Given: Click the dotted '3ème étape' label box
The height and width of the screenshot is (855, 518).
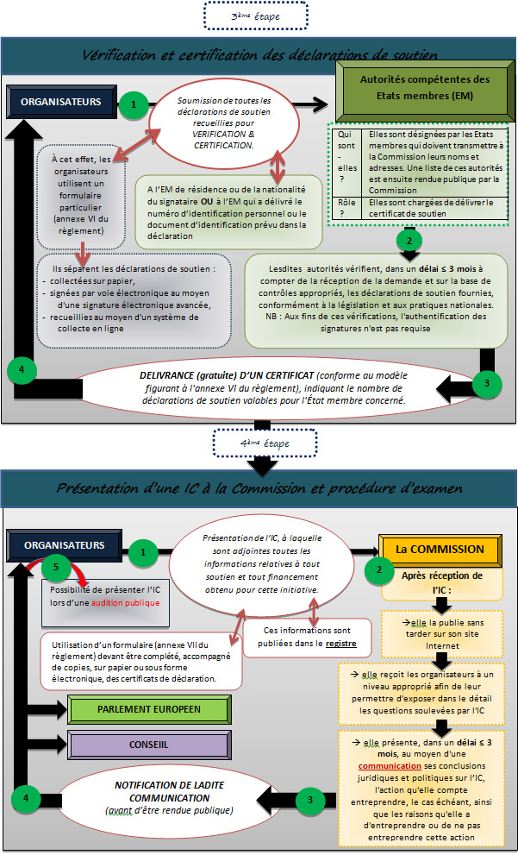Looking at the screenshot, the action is pyautogui.click(x=255, y=16).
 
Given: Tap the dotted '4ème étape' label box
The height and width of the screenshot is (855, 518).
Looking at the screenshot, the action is pyautogui.click(x=265, y=443).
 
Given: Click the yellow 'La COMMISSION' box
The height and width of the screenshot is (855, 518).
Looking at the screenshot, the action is pyautogui.click(x=440, y=549).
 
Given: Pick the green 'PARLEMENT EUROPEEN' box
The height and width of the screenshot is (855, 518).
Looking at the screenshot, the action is pyautogui.click(x=149, y=709).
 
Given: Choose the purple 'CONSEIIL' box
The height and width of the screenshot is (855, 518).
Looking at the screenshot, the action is pyautogui.click(x=149, y=745).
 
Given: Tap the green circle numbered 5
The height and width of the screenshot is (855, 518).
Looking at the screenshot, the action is pyautogui.click(x=55, y=567).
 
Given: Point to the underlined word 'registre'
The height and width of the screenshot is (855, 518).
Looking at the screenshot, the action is pyautogui.click(x=341, y=644).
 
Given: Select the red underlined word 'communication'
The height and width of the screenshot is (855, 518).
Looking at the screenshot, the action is pyautogui.click(x=383, y=766).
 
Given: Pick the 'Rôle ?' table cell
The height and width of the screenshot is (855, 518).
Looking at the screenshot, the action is pyautogui.click(x=347, y=208).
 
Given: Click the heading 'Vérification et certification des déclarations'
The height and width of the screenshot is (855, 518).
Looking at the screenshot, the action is pyautogui.click(x=259, y=55).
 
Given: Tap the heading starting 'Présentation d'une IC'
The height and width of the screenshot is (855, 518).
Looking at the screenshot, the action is pyautogui.click(x=259, y=488).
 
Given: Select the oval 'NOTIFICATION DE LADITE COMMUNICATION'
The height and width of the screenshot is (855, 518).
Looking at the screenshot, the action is pyautogui.click(x=170, y=798).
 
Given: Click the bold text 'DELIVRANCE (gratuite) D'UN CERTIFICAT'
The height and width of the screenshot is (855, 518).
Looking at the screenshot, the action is pyautogui.click(x=227, y=375).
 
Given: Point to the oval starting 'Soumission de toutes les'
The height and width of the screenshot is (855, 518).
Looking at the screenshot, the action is pyautogui.click(x=224, y=123).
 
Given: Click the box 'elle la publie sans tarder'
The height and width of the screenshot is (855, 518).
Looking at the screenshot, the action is pyautogui.click(x=445, y=634).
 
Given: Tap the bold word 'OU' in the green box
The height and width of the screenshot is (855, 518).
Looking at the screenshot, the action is pyautogui.click(x=207, y=201).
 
